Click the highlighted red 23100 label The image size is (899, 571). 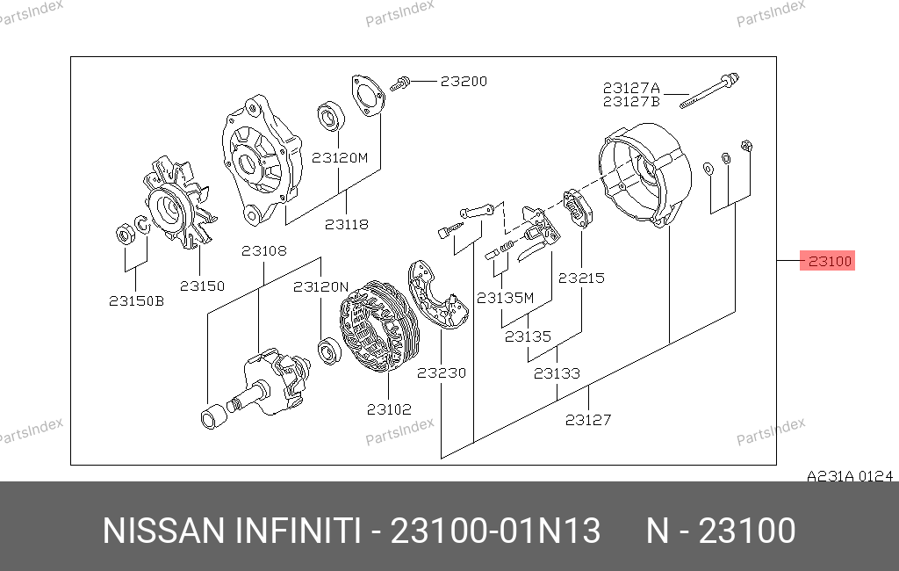[x=827, y=261]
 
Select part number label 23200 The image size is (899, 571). [x=464, y=82]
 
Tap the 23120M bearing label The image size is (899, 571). [x=340, y=157]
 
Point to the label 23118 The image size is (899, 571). [x=346, y=224]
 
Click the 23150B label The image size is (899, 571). [x=136, y=300]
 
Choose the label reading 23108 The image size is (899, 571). [x=263, y=250]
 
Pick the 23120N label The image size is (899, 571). [x=320, y=287]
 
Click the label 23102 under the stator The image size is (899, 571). [x=389, y=409]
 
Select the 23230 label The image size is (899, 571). [x=442, y=373]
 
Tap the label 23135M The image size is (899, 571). [x=505, y=298]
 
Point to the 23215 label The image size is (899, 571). [x=581, y=278]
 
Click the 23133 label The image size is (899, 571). [x=557, y=373]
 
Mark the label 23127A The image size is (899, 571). [x=631, y=88]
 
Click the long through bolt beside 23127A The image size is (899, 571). [x=709, y=90]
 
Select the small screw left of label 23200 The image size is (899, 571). [x=399, y=83]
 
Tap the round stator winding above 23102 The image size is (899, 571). [x=379, y=325]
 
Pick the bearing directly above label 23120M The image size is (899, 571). [x=331, y=116]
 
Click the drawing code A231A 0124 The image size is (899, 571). [x=850, y=476]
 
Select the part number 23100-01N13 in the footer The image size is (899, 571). [x=495, y=531]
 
